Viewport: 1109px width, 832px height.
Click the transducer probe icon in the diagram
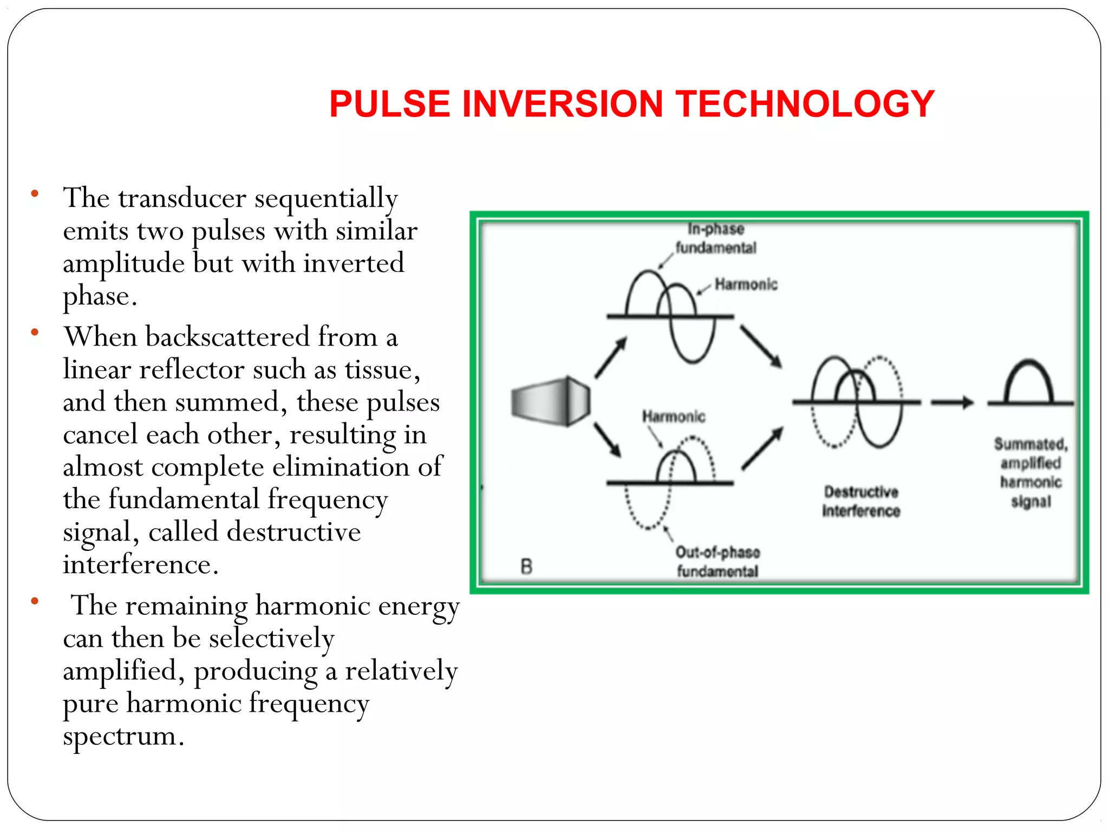(x=550, y=401)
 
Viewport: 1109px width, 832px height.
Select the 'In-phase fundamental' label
(x=715, y=238)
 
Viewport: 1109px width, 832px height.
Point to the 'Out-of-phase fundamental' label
(x=717, y=561)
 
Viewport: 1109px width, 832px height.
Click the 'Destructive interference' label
(x=861, y=501)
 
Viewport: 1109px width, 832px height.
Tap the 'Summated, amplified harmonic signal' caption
(x=1030, y=472)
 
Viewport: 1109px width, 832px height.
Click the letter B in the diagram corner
(x=526, y=567)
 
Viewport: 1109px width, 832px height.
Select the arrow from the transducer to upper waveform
(x=610, y=357)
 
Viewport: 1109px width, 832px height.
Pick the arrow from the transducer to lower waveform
(x=607, y=439)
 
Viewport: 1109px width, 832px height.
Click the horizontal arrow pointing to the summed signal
(x=951, y=402)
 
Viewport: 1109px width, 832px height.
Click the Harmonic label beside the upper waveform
(x=746, y=284)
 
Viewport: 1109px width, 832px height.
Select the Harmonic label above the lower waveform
(x=674, y=417)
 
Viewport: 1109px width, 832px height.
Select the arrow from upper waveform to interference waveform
(x=761, y=347)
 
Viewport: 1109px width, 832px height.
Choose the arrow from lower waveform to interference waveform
(x=762, y=448)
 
